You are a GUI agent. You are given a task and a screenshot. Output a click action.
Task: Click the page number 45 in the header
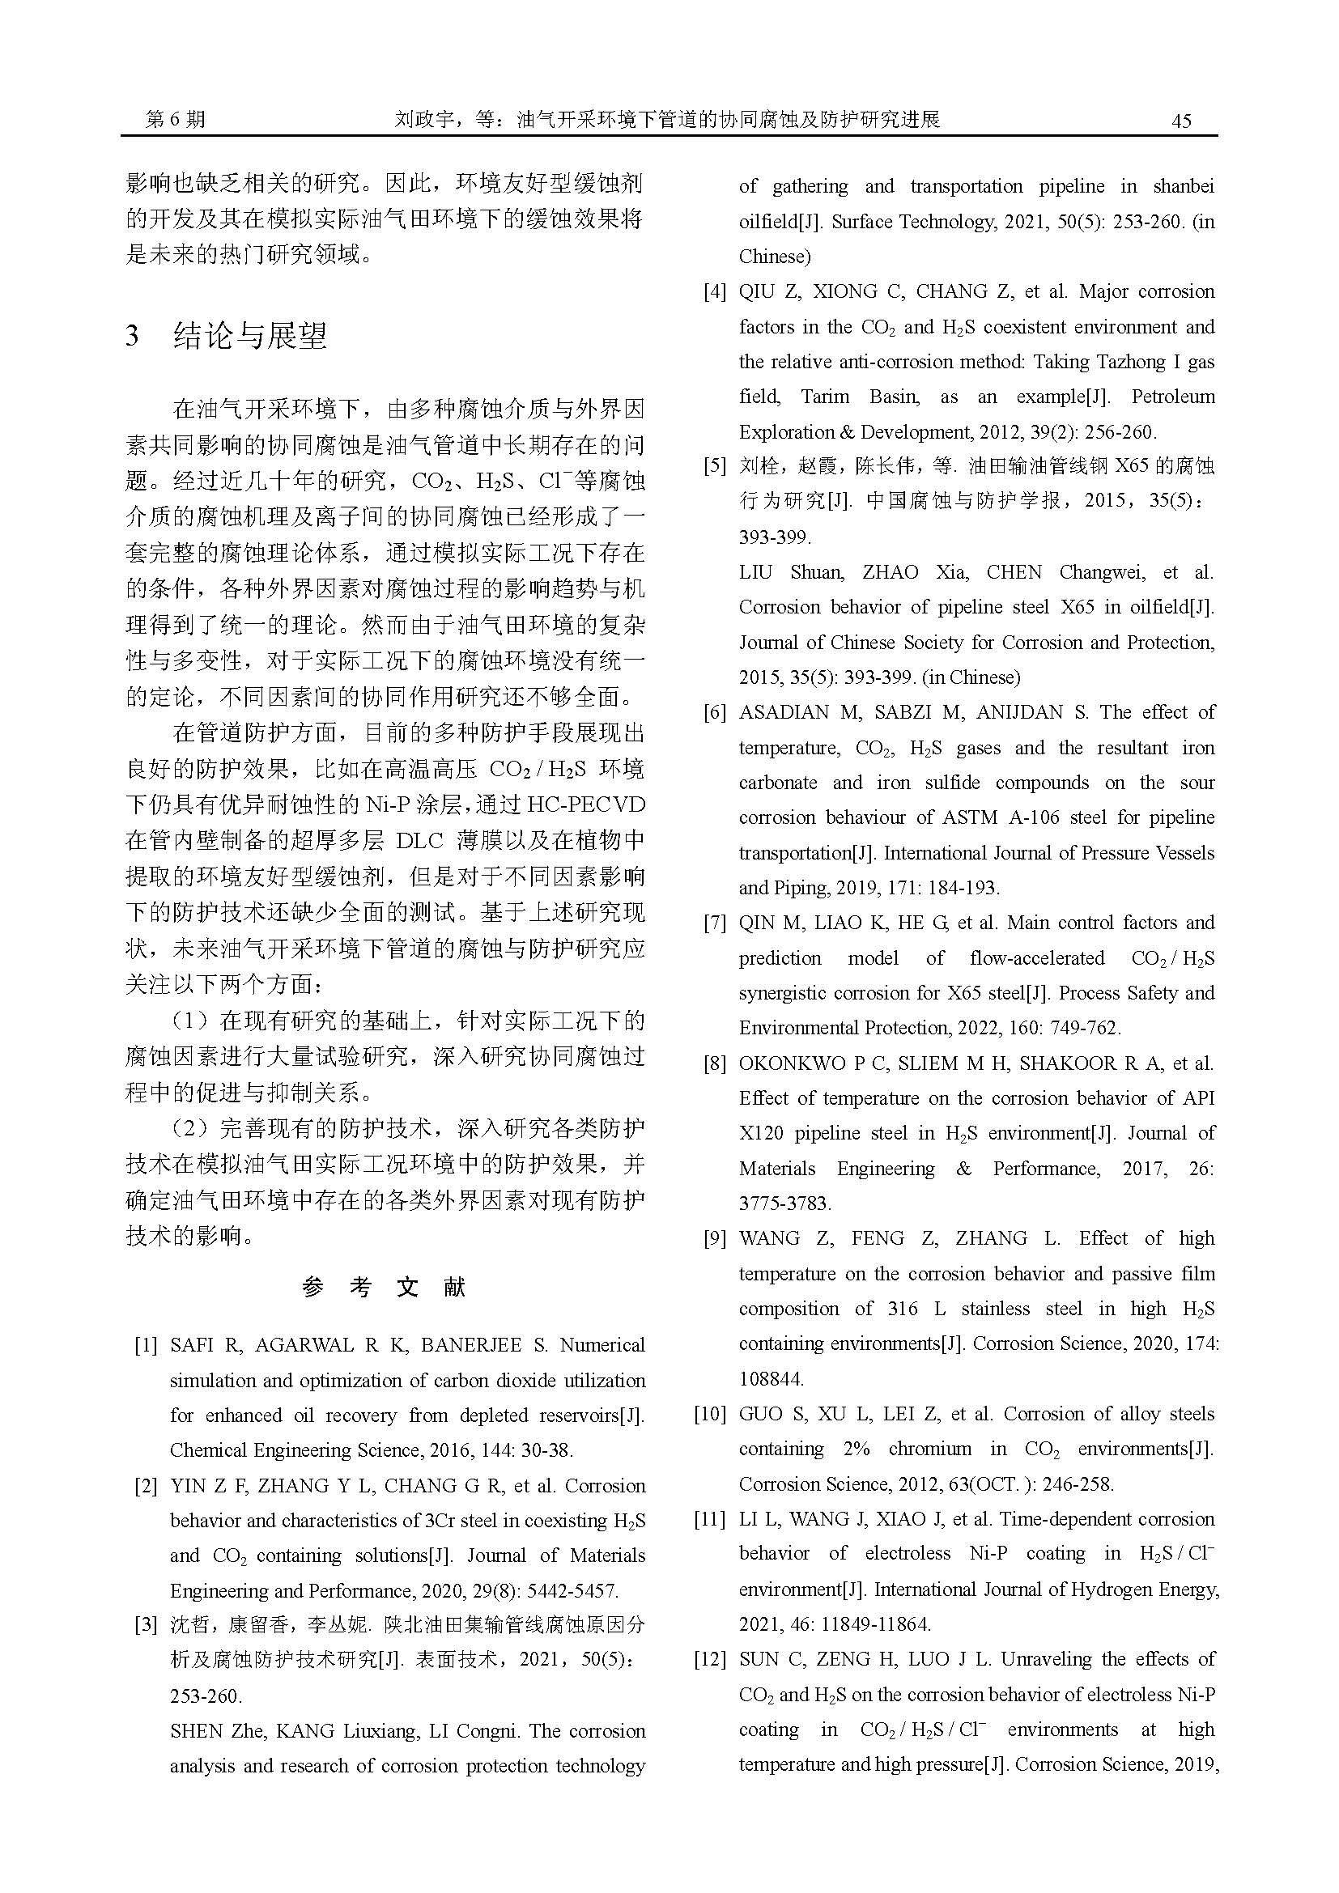click(x=1180, y=121)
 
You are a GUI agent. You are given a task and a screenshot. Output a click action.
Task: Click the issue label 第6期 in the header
click(x=175, y=120)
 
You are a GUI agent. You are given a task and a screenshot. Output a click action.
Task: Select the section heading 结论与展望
click(x=250, y=336)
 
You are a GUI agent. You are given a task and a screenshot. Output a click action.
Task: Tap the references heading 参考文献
click(x=385, y=1287)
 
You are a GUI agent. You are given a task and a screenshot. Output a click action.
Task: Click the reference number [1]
click(x=146, y=1346)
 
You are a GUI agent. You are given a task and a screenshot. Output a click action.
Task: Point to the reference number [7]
click(x=714, y=923)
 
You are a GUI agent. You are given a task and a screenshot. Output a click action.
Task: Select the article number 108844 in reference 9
click(x=771, y=1378)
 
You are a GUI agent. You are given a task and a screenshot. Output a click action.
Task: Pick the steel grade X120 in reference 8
click(x=761, y=1134)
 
